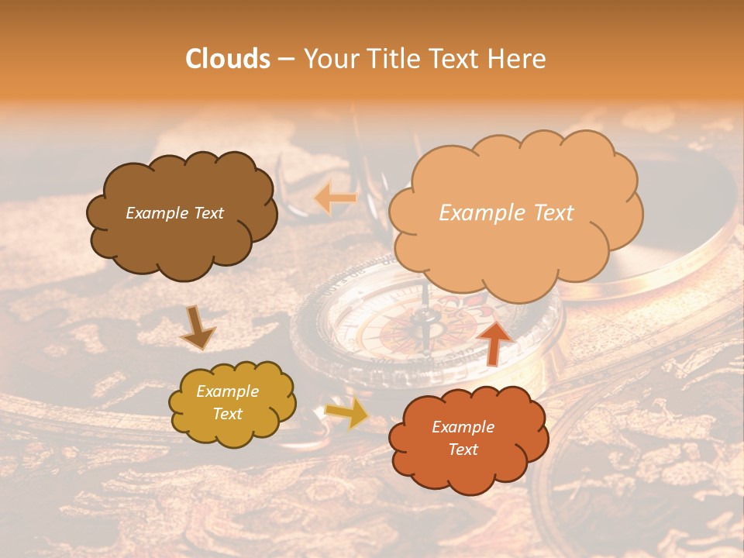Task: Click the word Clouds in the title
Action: pyautogui.click(x=228, y=59)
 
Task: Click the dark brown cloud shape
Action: pyautogui.click(x=182, y=215)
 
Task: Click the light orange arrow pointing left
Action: pyautogui.click(x=335, y=198)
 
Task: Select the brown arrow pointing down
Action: pyautogui.click(x=197, y=327)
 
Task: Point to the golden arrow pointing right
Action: pyautogui.click(x=348, y=413)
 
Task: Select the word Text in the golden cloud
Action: pyautogui.click(x=228, y=415)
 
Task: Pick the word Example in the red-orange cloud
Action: pyautogui.click(x=463, y=427)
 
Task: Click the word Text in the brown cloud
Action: pyautogui.click(x=207, y=213)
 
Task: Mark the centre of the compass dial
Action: pyautogui.click(x=422, y=325)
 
